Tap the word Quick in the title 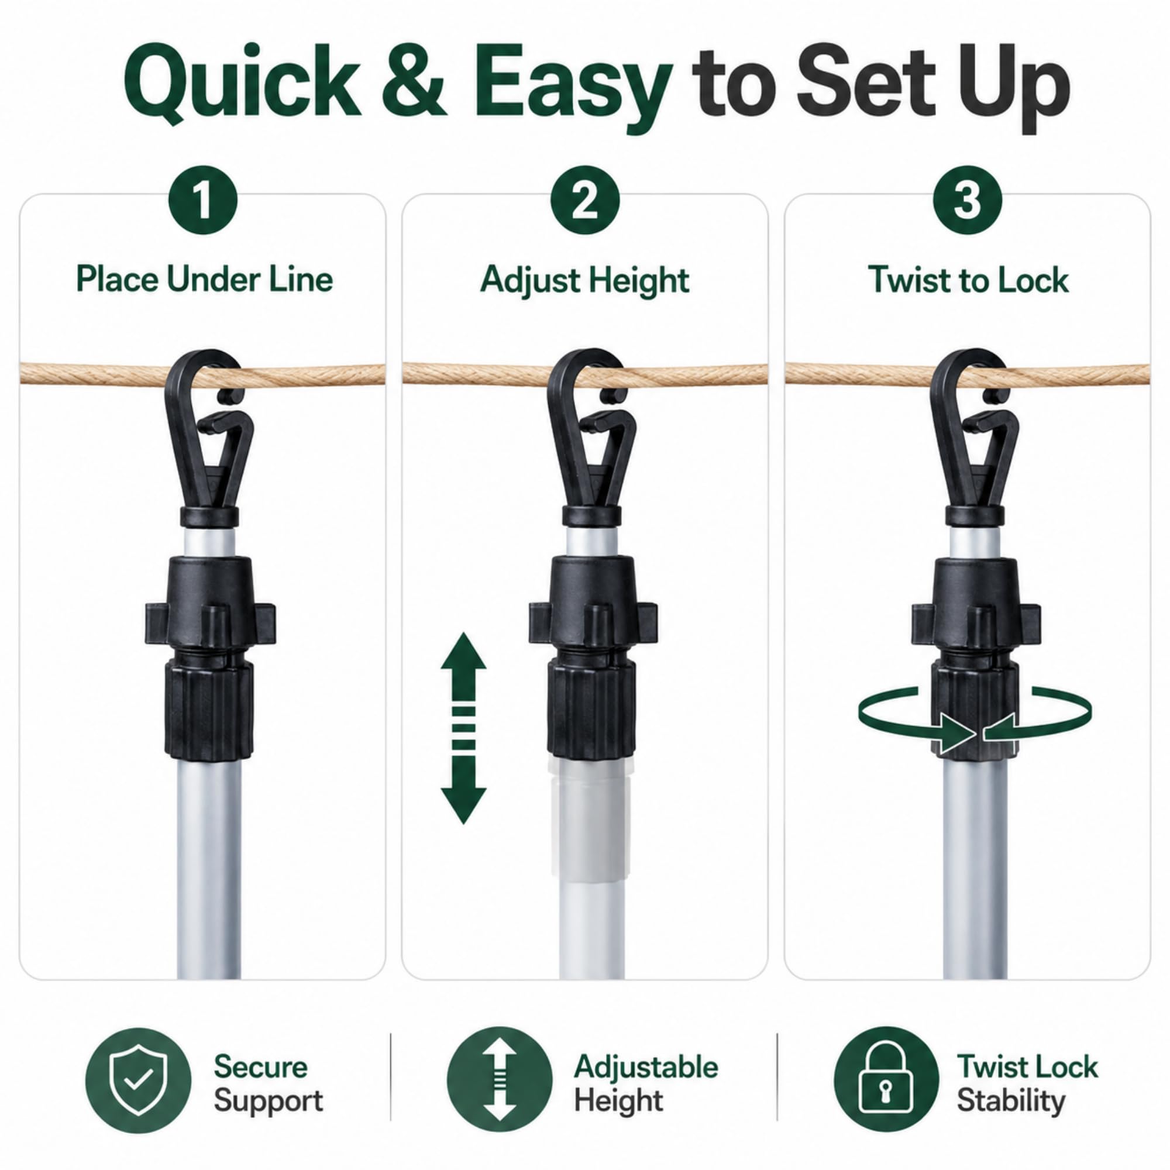(242, 82)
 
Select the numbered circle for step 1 (204, 200)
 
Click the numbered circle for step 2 (585, 200)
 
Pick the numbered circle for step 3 (967, 200)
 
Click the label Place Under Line (204, 280)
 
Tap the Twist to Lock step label (968, 280)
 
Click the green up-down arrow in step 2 (463, 728)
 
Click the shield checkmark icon (137, 1080)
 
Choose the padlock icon (886, 1080)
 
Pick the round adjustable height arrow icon (500, 1080)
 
